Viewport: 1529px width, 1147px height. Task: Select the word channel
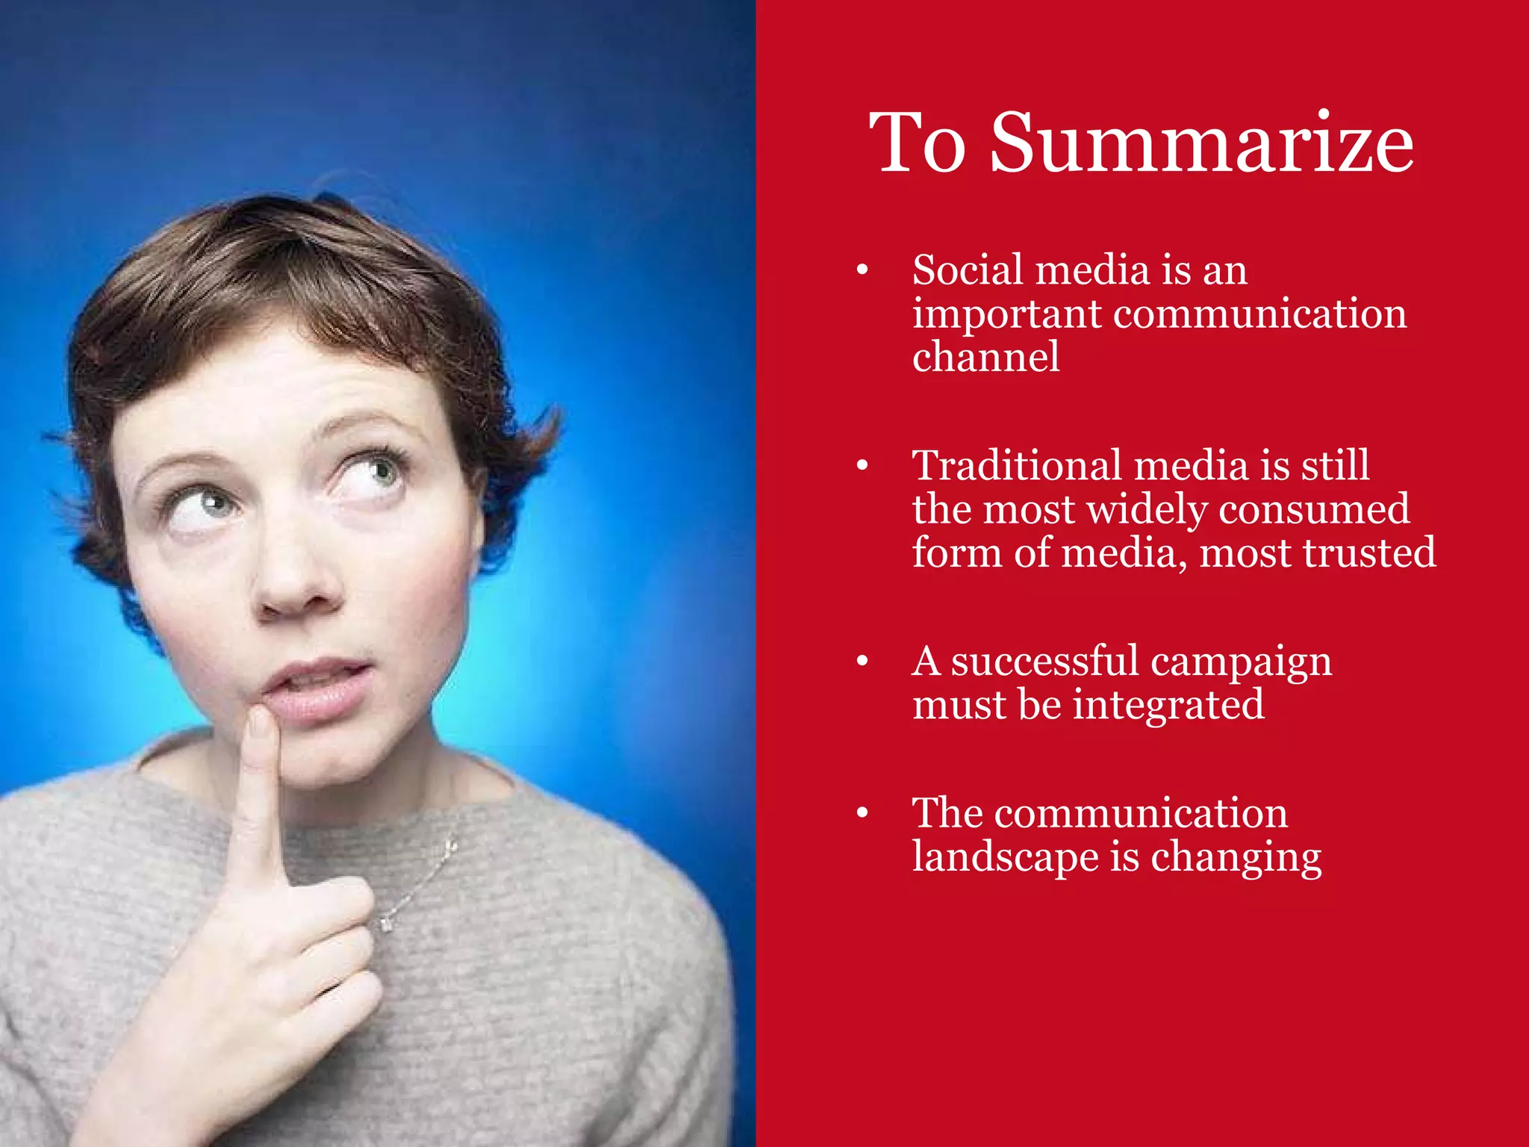pyautogui.click(x=985, y=357)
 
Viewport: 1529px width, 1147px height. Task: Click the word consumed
pyautogui.click(x=1314, y=509)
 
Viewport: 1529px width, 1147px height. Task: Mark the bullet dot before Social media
pyautogui.click(x=862, y=270)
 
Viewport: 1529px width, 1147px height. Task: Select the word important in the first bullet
pyautogui.click(x=1006, y=314)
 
